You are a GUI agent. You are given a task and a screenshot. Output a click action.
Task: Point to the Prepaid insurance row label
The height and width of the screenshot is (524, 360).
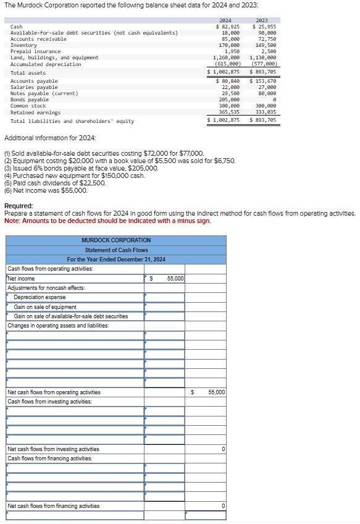tap(35, 51)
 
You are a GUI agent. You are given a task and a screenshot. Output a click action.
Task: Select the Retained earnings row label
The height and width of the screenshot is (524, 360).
tap(35, 112)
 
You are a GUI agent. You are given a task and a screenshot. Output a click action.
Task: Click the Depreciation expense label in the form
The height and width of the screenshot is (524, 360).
tap(40, 297)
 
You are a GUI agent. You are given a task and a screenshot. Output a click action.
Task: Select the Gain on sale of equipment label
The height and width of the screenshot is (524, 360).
tap(45, 307)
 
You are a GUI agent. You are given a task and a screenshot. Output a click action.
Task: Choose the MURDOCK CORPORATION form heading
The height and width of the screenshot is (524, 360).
tap(116, 240)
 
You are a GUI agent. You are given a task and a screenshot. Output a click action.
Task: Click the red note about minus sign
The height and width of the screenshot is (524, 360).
tap(107, 221)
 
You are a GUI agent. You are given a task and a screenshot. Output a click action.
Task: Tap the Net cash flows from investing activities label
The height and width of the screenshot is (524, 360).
tap(53, 449)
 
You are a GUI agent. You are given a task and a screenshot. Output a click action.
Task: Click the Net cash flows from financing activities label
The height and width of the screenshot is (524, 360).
tap(53, 506)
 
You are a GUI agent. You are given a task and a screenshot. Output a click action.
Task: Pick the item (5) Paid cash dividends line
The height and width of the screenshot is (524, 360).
tap(55, 183)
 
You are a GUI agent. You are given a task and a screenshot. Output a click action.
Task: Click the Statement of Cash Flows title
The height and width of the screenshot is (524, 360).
tap(116, 250)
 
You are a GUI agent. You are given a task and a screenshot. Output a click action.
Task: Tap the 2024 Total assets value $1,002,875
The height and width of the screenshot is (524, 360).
tap(224, 73)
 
